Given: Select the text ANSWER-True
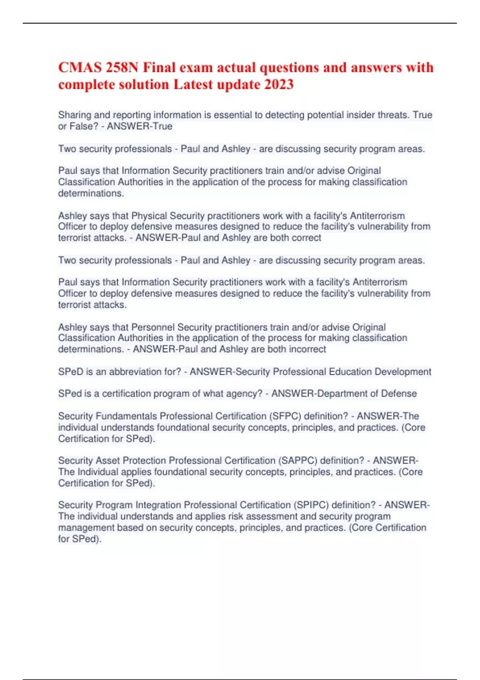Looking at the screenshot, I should tap(140, 126).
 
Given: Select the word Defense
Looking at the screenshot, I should tap(399, 394).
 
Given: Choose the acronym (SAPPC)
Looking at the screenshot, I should tap(298, 460).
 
